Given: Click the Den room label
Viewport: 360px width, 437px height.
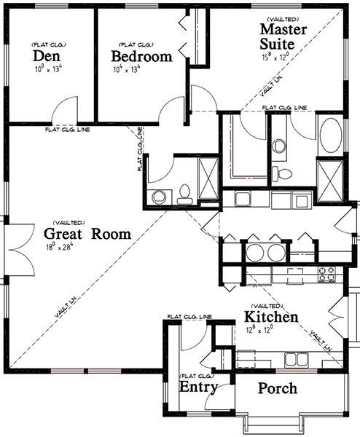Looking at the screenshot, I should tap(46, 56).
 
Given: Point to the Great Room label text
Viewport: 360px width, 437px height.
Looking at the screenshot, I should tap(87, 234).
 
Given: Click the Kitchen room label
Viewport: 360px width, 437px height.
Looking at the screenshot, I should tap(270, 318).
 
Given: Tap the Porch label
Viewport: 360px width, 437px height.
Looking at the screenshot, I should tap(278, 388).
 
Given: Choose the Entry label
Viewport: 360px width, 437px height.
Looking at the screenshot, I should tap(197, 386).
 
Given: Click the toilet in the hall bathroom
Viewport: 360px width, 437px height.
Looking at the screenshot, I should tap(185, 193).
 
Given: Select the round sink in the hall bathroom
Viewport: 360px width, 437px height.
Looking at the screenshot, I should tap(158, 196).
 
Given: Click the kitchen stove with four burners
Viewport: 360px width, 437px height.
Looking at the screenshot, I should tap(326, 275).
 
